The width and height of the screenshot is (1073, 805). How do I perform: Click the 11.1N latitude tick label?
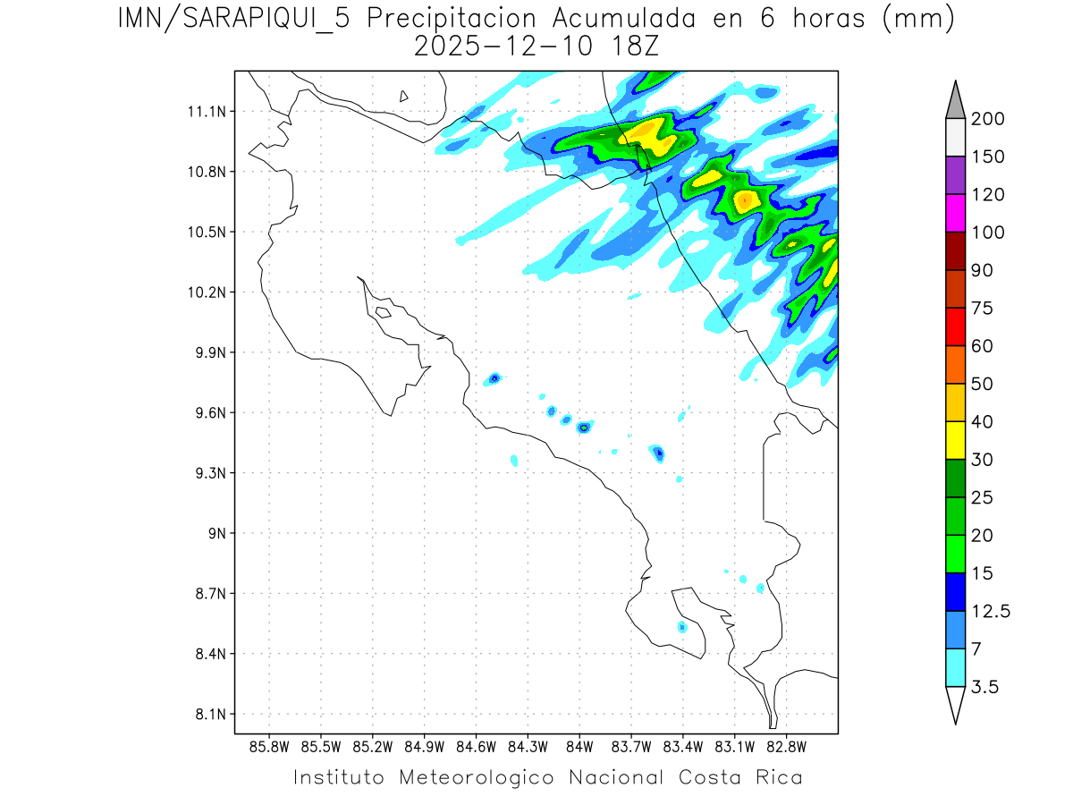click(x=206, y=112)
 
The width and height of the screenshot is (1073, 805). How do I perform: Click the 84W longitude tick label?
click(x=579, y=747)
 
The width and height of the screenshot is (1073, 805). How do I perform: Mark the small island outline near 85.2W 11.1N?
click(x=404, y=96)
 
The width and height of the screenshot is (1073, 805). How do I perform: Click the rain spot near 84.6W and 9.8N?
click(x=494, y=379)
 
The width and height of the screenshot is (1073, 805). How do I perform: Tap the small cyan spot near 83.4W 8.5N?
click(x=682, y=626)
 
